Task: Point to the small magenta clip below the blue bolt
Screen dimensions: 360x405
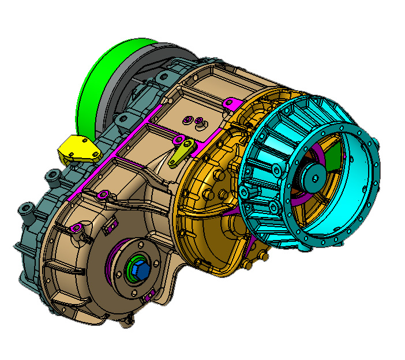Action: click(149, 297)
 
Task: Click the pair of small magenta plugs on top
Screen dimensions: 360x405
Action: click(193, 121)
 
